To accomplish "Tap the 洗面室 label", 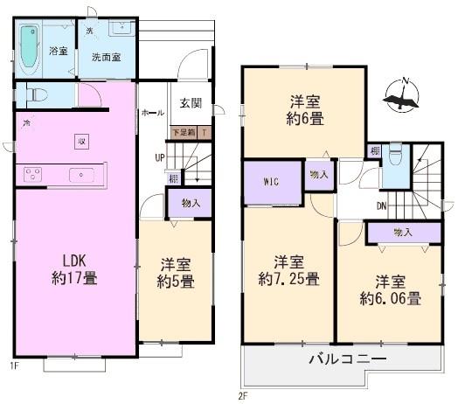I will [107, 57].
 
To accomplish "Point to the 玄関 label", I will [191, 102].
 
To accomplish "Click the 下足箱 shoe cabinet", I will [184, 132].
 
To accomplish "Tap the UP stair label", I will [159, 157].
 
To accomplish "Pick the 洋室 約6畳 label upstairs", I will [304, 109].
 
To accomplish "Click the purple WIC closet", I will [271, 183].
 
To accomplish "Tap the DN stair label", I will [381, 206].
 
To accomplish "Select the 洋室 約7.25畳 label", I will [288, 271].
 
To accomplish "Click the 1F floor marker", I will [14, 365].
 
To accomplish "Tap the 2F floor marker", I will [242, 394].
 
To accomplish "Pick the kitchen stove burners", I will [34, 172].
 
